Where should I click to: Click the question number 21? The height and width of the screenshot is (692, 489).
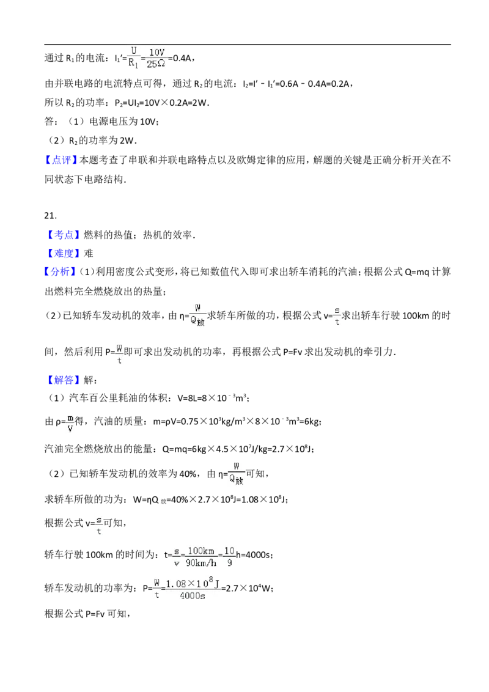[x=50, y=215]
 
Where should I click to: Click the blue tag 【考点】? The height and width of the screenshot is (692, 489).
[x=62, y=235]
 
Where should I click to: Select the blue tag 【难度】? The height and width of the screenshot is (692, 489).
[x=62, y=253]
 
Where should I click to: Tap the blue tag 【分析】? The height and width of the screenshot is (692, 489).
[x=61, y=271]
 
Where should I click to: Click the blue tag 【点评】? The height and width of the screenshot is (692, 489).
[x=61, y=160]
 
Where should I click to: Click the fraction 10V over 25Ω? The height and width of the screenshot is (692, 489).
[x=156, y=58]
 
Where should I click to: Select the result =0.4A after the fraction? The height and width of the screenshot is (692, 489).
[x=181, y=58]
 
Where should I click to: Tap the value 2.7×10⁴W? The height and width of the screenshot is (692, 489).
[x=249, y=588]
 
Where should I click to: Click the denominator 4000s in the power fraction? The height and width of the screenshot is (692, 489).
[x=193, y=596]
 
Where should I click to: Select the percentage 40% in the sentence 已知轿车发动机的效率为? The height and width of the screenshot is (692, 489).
[x=188, y=474]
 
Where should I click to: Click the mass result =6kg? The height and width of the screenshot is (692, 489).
[x=310, y=421]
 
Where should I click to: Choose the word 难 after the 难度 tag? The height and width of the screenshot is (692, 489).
[x=88, y=253]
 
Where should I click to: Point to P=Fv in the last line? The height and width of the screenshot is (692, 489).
[x=95, y=614]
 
